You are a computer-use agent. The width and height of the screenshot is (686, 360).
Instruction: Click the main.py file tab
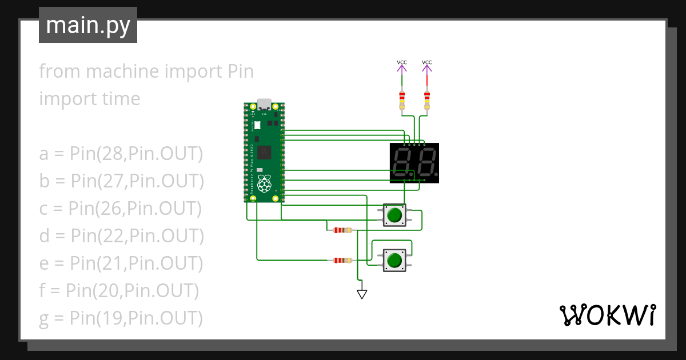point(87,25)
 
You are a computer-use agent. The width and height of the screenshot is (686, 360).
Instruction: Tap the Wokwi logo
point(607,315)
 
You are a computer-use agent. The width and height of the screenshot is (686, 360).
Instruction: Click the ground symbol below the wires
point(361,294)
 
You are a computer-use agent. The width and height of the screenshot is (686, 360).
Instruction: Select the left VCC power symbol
point(402,67)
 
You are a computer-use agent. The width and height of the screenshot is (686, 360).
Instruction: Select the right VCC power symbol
point(426,67)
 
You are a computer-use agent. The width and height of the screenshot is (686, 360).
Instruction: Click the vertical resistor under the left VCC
point(402,101)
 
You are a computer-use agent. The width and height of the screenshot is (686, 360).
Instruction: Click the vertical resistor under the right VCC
point(426,101)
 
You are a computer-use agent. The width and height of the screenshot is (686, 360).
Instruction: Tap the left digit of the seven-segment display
point(404,163)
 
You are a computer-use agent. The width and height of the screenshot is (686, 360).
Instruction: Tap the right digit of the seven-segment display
point(425,163)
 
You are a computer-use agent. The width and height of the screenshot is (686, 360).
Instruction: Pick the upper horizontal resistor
point(342,230)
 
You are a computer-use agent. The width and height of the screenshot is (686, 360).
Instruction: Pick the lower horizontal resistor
point(342,260)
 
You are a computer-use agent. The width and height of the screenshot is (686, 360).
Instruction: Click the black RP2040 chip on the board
point(264,152)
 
